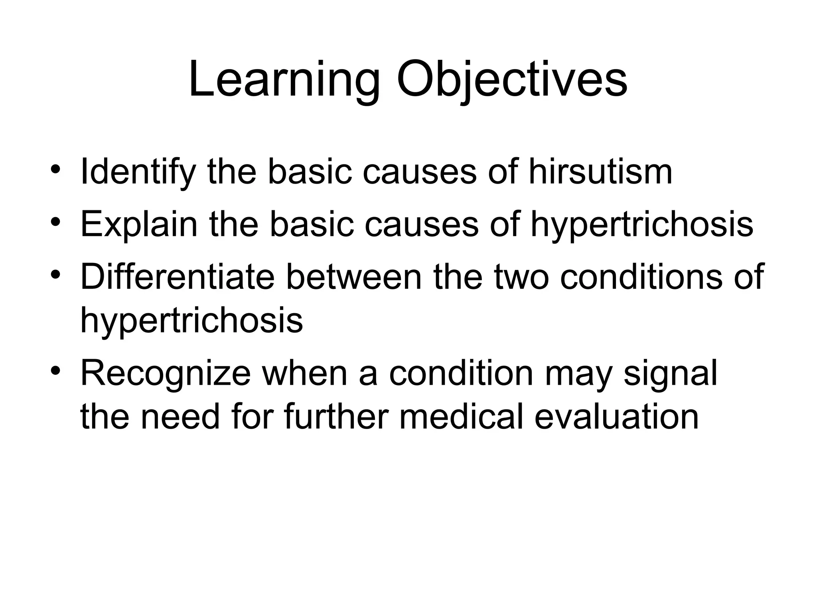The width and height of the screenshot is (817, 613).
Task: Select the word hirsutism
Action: [x=601, y=172]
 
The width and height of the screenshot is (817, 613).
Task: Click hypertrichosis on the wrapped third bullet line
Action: [x=191, y=321]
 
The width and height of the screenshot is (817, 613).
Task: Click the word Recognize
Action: [x=166, y=374]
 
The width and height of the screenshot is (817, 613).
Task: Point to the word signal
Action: [x=670, y=374]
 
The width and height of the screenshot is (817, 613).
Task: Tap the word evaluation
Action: [x=616, y=417]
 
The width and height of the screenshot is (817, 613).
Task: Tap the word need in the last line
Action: [x=180, y=417]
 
